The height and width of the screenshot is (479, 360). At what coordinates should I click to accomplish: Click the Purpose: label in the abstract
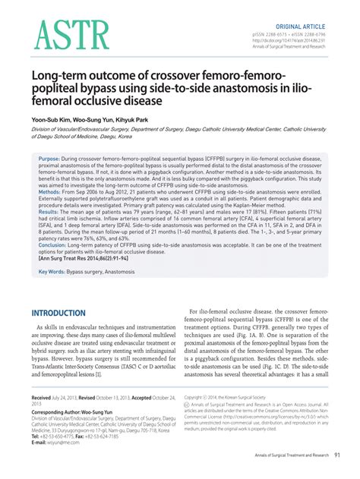point(51,160)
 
